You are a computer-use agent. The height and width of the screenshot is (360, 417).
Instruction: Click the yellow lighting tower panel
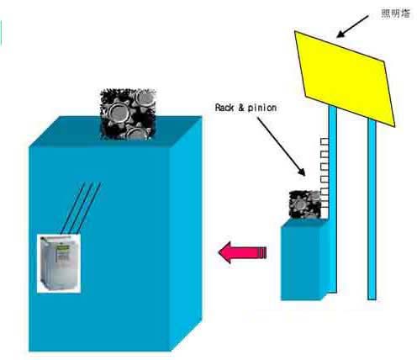click(x=346, y=78)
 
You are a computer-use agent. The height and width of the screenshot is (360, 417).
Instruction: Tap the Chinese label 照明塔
click(x=396, y=13)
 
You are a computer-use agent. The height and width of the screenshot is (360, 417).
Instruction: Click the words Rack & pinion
click(x=245, y=108)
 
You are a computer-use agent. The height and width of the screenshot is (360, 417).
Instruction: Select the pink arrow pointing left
click(x=242, y=252)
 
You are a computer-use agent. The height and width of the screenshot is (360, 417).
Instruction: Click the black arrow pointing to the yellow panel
click(x=352, y=26)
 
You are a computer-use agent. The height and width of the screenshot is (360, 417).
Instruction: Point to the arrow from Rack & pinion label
click(x=282, y=146)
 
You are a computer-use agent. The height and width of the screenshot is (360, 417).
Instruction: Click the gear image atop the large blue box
click(x=128, y=114)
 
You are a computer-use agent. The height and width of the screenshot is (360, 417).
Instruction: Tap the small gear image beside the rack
click(x=304, y=204)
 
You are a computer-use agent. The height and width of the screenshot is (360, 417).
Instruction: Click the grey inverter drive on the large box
click(x=59, y=263)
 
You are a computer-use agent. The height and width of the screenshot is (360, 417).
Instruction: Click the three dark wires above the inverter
click(x=81, y=208)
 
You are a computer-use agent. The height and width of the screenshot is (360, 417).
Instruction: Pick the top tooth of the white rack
click(x=325, y=141)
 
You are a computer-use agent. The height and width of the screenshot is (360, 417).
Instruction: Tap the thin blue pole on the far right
click(x=372, y=209)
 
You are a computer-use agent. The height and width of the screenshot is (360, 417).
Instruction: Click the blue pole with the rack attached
click(x=333, y=199)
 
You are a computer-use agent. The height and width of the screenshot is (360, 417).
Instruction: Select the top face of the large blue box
click(x=116, y=131)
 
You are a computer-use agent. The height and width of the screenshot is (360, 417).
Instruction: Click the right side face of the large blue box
click(x=187, y=233)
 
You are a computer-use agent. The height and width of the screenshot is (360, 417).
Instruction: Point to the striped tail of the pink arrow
click(x=261, y=252)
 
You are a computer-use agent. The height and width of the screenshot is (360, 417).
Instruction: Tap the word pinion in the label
click(x=262, y=108)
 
